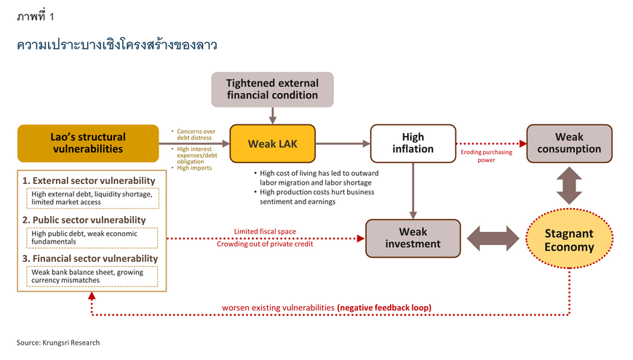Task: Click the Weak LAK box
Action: tap(273, 144)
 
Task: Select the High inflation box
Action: tap(413, 144)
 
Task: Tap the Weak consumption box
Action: tap(569, 144)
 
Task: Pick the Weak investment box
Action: tap(413, 238)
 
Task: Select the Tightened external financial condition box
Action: tap(273, 89)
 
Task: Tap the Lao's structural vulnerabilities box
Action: tap(88, 143)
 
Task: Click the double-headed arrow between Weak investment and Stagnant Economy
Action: tap(493, 239)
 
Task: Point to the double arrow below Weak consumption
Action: tap(569, 185)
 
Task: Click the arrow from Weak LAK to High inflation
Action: tap(343, 144)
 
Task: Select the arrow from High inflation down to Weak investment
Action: tap(413, 191)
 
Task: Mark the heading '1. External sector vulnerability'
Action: tap(89, 180)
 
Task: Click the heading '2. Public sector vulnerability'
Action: tap(84, 220)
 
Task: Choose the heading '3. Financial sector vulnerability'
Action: tap(90, 258)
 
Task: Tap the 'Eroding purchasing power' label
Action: tap(487, 156)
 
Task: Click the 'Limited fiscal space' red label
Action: tap(265, 231)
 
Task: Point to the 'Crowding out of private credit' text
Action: tap(265, 244)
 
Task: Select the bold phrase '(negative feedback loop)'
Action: tap(384, 308)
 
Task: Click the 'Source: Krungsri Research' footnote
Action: tap(58, 343)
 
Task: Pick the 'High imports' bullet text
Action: tap(194, 168)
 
